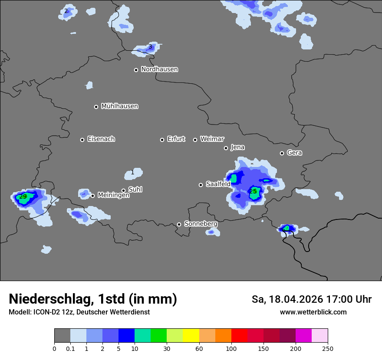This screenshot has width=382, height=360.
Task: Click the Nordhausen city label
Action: (x=159, y=69)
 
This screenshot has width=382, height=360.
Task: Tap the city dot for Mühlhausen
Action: (x=96, y=107)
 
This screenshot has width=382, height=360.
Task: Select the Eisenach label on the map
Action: (x=101, y=139)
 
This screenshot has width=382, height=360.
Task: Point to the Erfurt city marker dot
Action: (x=162, y=140)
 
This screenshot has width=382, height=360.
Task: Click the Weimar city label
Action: (x=212, y=139)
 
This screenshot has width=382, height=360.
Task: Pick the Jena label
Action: (x=237, y=147)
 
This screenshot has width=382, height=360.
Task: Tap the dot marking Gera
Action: (x=282, y=153)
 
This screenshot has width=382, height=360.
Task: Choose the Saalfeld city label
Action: (x=218, y=184)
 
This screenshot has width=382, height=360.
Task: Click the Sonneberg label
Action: (x=201, y=224)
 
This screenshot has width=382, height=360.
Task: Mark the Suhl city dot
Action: (x=123, y=190)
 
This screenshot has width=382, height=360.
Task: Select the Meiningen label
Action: (x=113, y=196)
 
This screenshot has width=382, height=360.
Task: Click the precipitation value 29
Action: (x=23, y=197)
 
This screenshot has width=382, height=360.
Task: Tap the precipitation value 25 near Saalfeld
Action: (x=253, y=191)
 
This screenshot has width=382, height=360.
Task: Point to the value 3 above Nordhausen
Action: (x=150, y=47)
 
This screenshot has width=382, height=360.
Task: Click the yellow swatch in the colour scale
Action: (x=191, y=336)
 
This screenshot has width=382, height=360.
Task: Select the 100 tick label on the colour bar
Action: (x=231, y=348)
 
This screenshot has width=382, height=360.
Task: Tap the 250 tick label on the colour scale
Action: (x=328, y=348)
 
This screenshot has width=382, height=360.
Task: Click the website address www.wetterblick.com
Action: (x=313, y=312)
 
